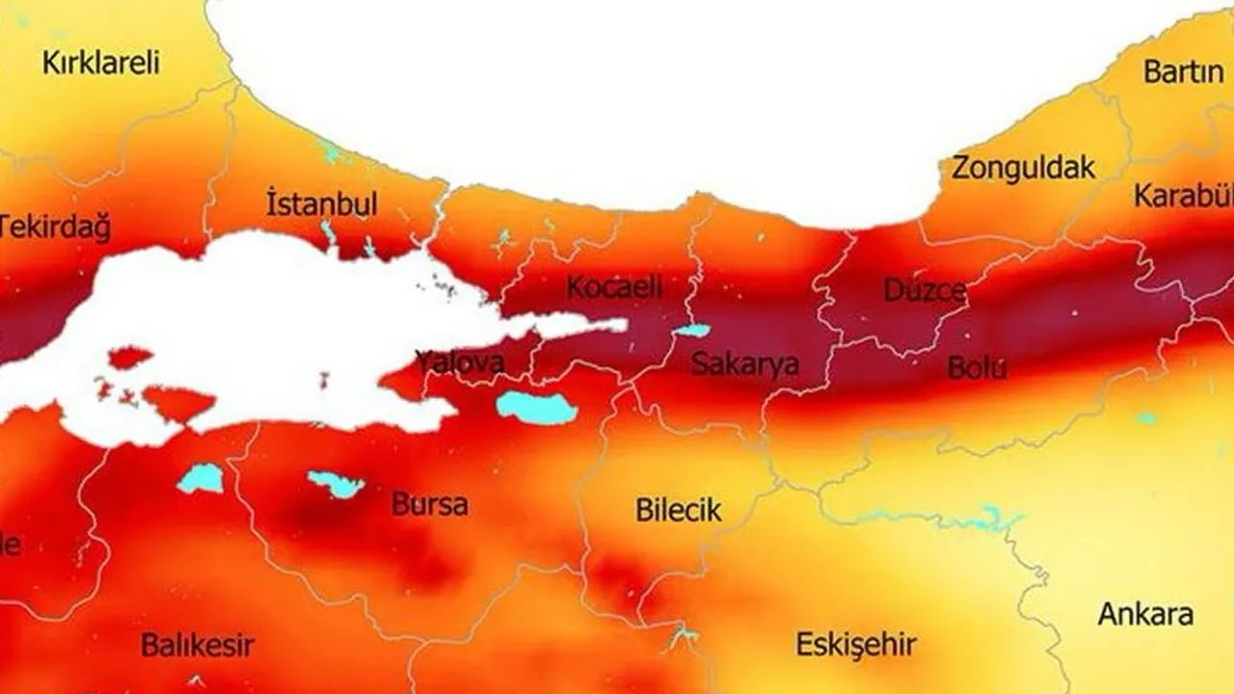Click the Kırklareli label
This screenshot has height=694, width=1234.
101,64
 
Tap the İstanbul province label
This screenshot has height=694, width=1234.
321,204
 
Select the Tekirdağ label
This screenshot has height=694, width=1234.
54,228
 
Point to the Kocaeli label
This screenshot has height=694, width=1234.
615,286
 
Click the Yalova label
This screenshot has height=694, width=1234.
460,362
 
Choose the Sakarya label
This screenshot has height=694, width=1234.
745,364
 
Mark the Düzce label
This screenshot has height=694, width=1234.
925,290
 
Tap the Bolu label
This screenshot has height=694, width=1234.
977,367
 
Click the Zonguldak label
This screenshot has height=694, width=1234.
1024,168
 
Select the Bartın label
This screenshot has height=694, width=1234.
1183,71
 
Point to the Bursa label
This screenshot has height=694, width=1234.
430,503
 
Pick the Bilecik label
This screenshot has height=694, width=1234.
679,510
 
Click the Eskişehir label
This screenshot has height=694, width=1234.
855,645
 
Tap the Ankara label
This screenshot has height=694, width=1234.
1145,614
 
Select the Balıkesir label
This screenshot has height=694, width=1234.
198,645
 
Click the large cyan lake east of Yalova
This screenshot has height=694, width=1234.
536,408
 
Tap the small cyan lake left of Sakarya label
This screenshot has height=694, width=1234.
690,331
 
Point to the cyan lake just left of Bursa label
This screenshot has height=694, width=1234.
335,484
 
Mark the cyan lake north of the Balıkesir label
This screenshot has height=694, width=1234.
201,478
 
